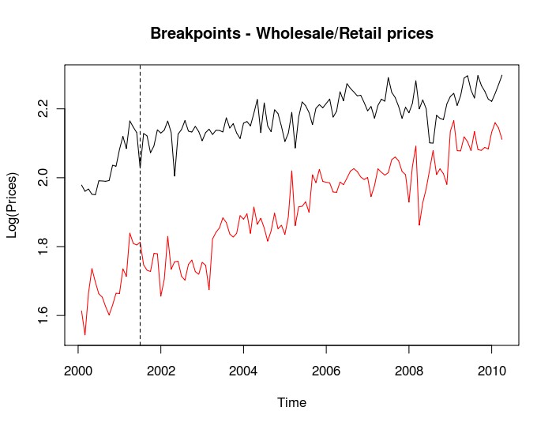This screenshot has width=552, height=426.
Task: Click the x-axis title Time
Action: pos(291,402)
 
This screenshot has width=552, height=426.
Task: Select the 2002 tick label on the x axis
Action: pos(161,370)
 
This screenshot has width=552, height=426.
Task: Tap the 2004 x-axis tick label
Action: pos(244,370)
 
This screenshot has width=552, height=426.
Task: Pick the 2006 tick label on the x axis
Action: pos(326,370)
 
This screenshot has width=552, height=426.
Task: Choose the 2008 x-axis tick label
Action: pos(409,370)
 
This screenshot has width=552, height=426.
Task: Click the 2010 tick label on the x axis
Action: pos(491,370)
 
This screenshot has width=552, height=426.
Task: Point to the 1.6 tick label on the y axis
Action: pos(45,315)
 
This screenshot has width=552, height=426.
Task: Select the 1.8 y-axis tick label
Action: pos(45,247)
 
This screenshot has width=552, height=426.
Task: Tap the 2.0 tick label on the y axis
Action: pos(45,178)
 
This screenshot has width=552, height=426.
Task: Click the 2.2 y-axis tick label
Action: pos(45,108)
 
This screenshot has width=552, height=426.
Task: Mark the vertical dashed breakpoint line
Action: pos(140,237)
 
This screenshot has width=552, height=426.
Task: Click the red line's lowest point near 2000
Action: pos(85,335)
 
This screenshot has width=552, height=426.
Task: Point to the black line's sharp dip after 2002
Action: pos(175,175)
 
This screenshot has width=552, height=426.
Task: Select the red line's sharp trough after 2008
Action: pos(419,225)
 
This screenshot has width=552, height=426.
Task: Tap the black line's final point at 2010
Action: pos(502,75)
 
